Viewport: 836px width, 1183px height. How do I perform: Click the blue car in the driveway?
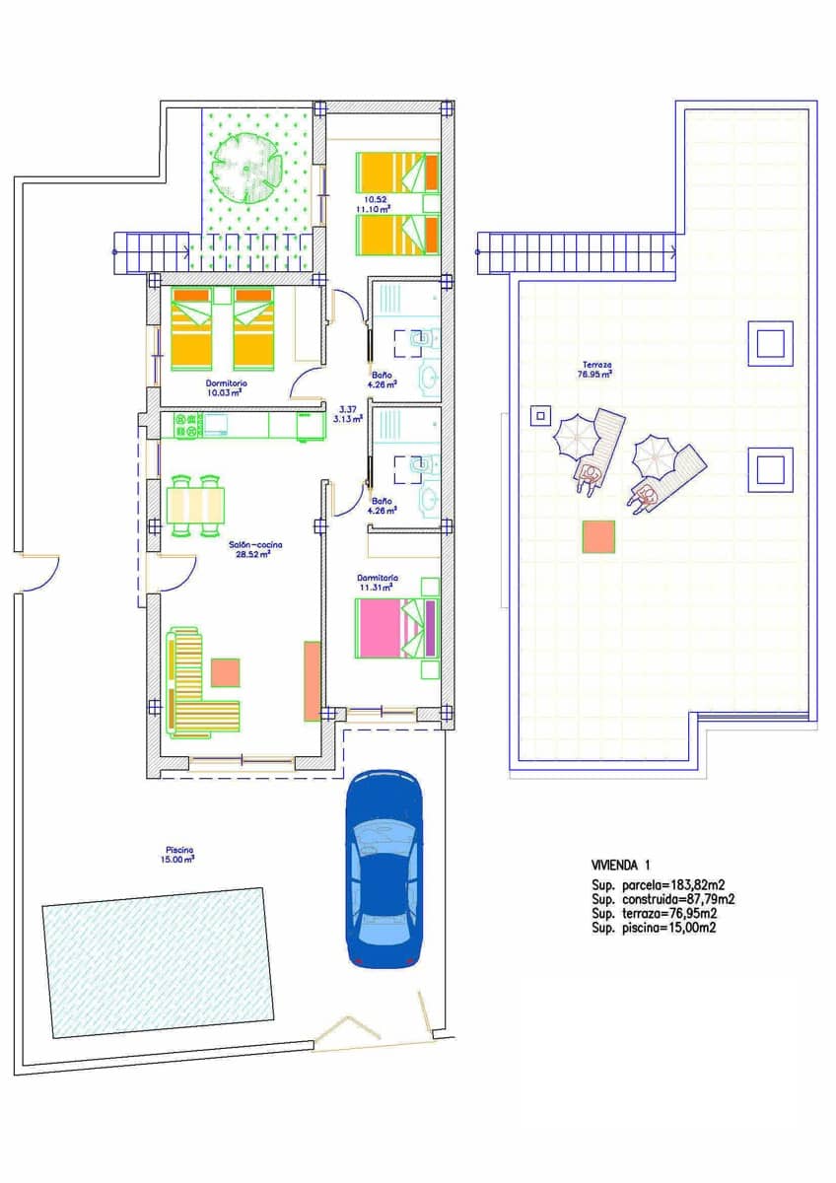pos(384,868)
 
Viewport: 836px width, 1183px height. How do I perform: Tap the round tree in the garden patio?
pos(244,167)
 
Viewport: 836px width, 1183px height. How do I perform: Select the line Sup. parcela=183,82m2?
pos(658,885)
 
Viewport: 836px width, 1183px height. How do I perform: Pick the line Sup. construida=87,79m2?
pos(662,899)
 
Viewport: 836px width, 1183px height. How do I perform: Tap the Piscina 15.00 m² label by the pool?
pos(179,854)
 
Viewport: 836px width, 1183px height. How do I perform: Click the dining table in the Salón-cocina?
pos(196,506)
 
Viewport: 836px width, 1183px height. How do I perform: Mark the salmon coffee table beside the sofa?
pos(226,672)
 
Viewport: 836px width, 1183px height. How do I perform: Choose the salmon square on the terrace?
pos(598,536)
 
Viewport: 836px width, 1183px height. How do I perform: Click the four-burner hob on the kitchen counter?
pos(188,425)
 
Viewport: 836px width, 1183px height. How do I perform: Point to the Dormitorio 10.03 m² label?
pos(226,387)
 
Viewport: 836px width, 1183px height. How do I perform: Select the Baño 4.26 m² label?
pos(382,506)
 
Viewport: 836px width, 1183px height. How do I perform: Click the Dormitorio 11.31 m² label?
pos(378,583)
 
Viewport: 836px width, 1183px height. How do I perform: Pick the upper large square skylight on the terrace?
pos(770,343)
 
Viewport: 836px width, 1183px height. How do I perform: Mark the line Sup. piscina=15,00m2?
pos(654,928)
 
